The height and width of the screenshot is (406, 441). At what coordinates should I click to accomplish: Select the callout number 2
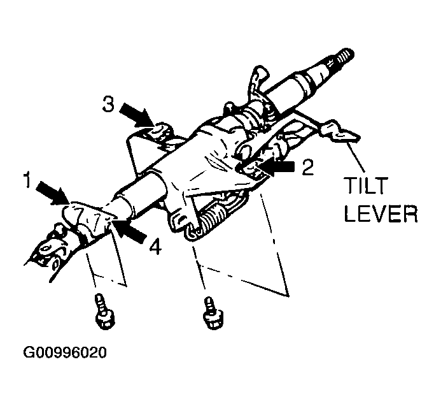pyautogui.click(x=309, y=168)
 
